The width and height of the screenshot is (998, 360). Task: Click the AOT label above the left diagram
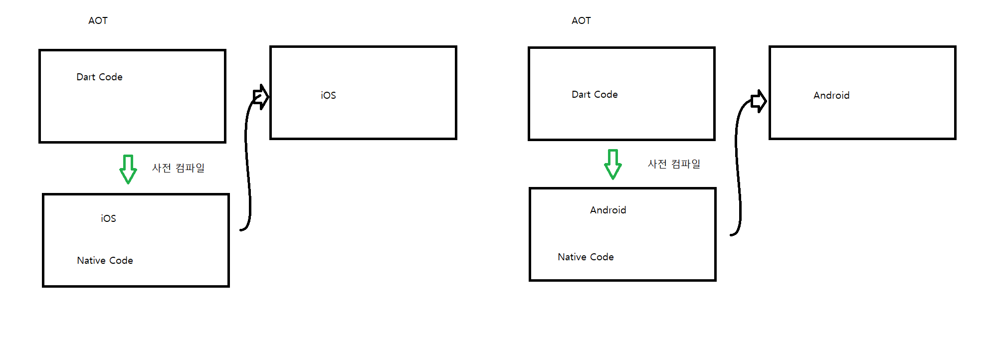click(x=98, y=20)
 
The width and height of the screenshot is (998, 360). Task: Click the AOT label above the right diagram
click(x=581, y=20)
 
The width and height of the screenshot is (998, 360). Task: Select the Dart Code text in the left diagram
click(x=99, y=77)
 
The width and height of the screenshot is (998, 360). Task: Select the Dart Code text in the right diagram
click(x=595, y=94)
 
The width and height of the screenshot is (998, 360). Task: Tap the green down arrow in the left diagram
click(x=128, y=169)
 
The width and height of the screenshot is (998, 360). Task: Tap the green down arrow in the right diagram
click(x=613, y=164)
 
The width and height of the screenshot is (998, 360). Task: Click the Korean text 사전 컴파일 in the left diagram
click(x=178, y=168)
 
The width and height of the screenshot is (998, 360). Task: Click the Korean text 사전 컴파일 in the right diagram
click(x=674, y=164)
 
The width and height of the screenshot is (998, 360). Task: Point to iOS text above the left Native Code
click(x=108, y=218)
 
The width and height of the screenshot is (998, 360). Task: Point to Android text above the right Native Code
click(x=608, y=210)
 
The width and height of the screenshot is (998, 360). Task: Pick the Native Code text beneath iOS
click(x=105, y=260)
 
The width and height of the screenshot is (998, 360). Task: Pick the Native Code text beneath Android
click(x=586, y=257)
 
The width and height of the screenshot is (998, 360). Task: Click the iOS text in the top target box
click(x=328, y=95)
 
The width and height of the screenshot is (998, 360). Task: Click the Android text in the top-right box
click(x=831, y=95)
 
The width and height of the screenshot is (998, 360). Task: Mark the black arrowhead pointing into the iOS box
click(x=261, y=97)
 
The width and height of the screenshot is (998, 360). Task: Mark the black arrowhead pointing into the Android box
click(x=759, y=101)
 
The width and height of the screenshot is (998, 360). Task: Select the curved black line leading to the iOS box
click(x=247, y=165)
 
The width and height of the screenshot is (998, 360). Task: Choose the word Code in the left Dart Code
click(x=111, y=77)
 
